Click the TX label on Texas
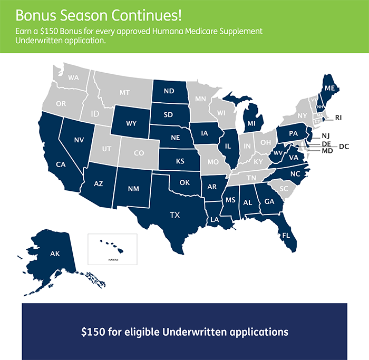click(x=174, y=215)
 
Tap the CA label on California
click(x=61, y=164)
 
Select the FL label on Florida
click(x=286, y=235)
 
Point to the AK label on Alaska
click(x=55, y=254)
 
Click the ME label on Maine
click(x=330, y=89)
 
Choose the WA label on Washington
click(x=73, y=78)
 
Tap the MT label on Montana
click(x=124, y=92)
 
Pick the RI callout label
click(x=339, y=117)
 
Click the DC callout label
click(x=344, y=147)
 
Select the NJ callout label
click(x=325, y=135)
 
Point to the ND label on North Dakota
click(x=169, y=91)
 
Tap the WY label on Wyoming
click(x=132, y=124)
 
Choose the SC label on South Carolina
click(x=284, y=188)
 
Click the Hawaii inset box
click(x=112, y=249)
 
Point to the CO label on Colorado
click(x=139, y=153)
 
